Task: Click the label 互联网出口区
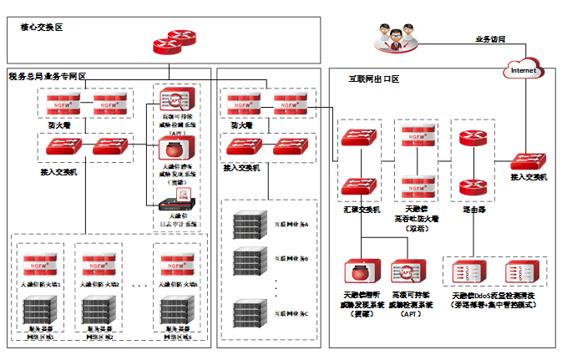[x=373, y=79]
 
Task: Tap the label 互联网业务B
[x=292, y=259]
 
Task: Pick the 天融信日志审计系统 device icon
[x=177, y=200]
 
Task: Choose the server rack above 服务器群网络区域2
[x=99, y=308]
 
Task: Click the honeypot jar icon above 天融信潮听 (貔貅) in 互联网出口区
[x=362, y=272]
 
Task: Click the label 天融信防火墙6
[x=176, y=285]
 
